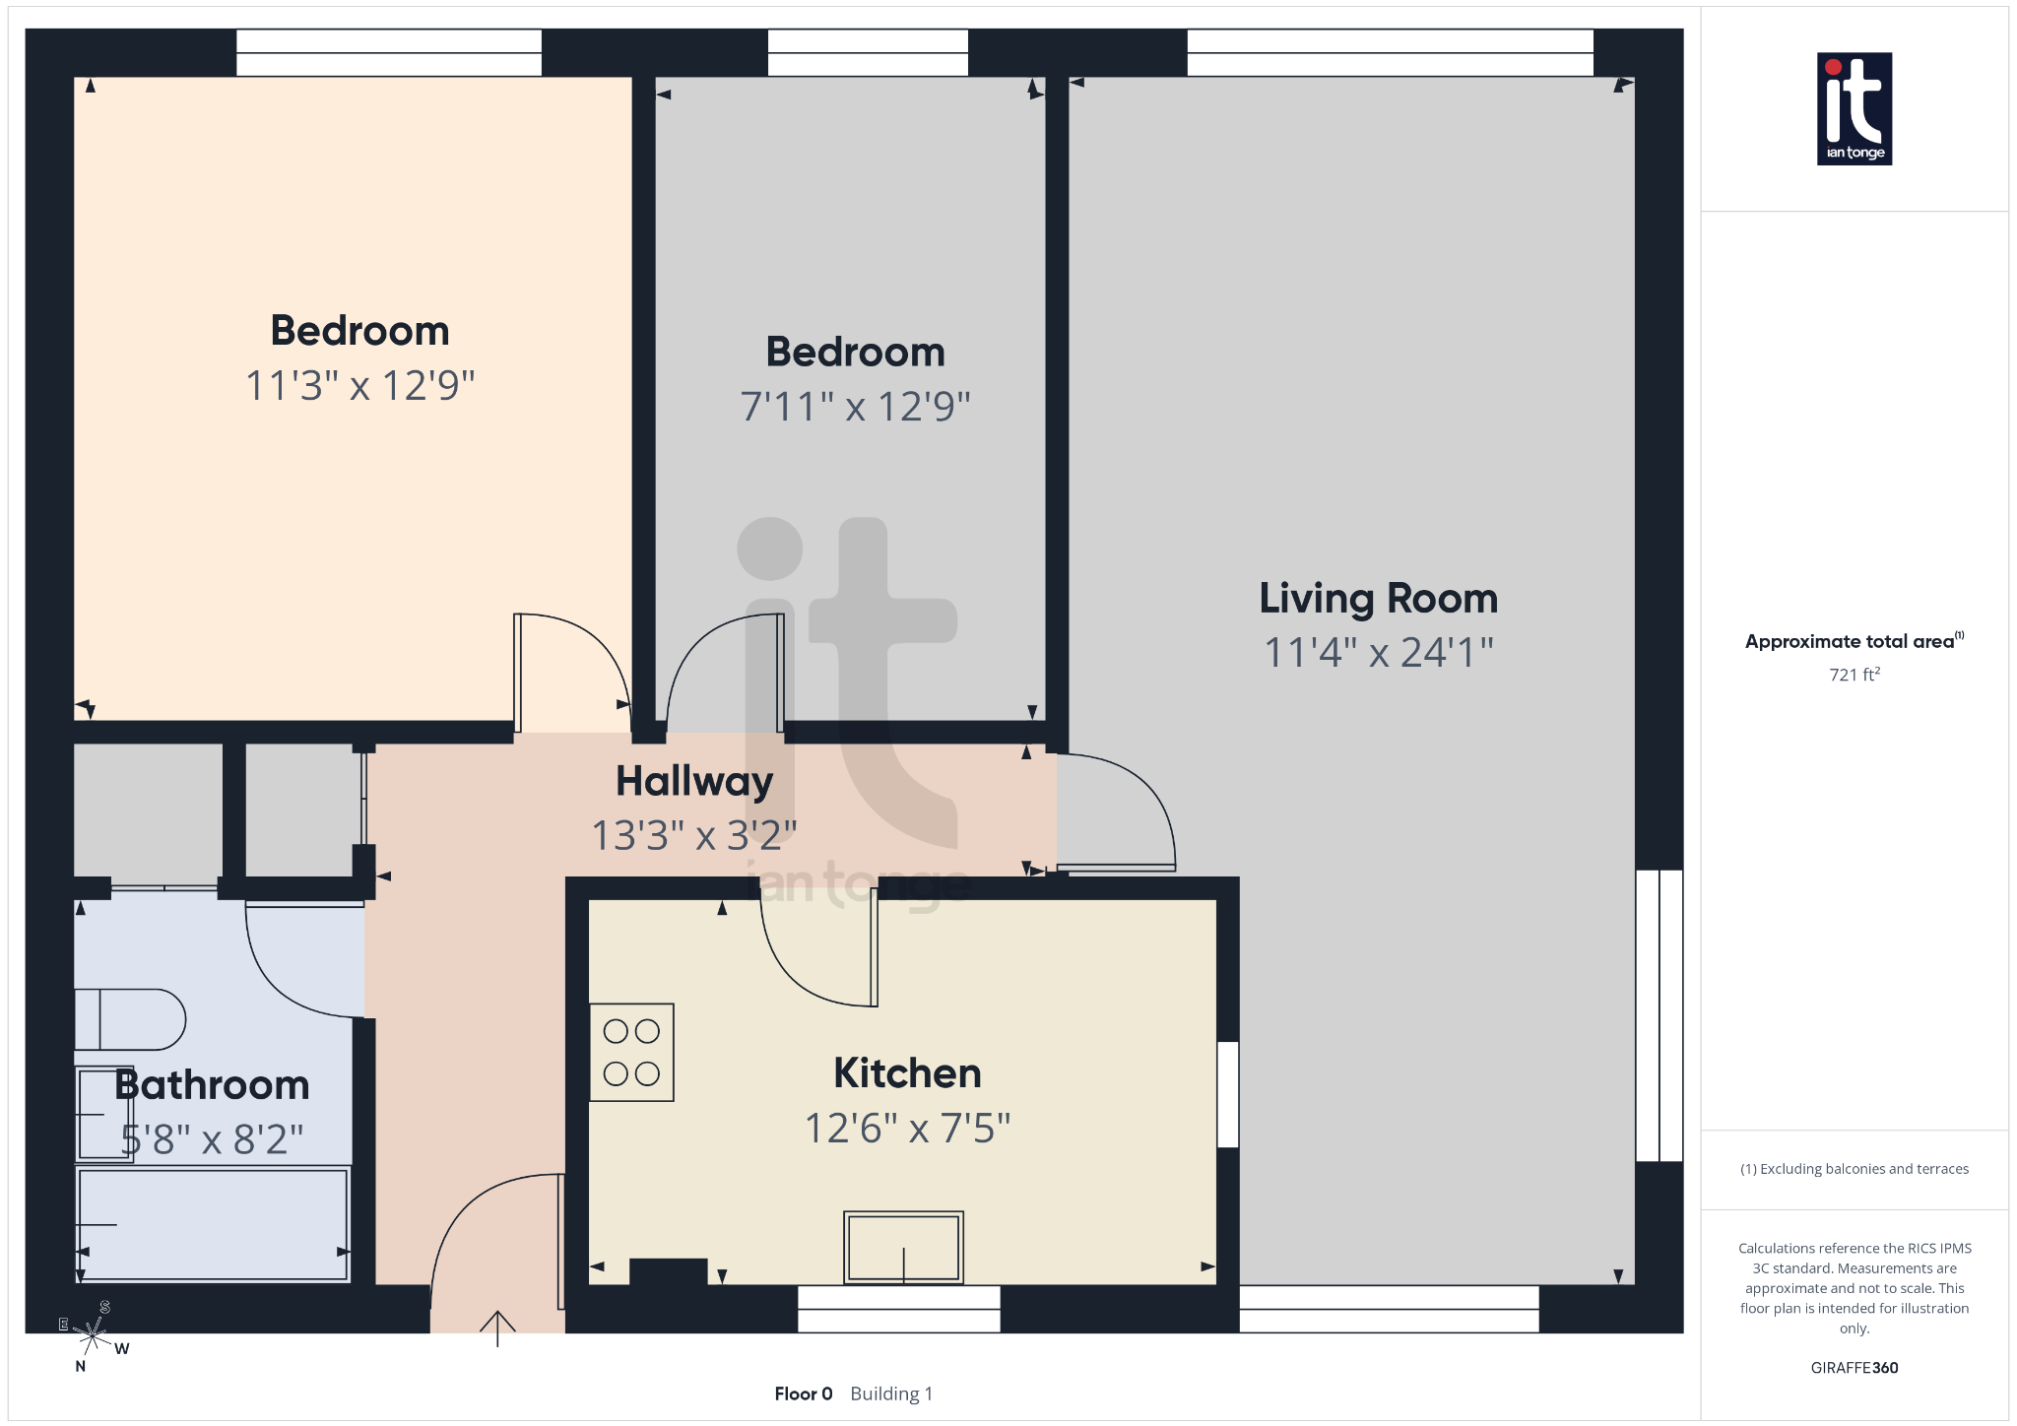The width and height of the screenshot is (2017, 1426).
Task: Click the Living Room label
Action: (x=1378, y=599)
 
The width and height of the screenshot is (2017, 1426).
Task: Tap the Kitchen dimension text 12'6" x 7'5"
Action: (x=907, y=1129)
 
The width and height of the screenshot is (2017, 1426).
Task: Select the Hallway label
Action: (x=694, y=782)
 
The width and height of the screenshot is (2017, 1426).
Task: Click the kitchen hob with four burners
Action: (x=631, y=1052)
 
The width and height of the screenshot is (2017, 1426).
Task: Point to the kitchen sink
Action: (x=903, y=1247)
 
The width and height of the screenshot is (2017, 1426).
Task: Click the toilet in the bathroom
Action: (x=130, y=1020)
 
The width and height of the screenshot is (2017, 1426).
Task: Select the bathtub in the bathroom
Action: (x=213, y=1224)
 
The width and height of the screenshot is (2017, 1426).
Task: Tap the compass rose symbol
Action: (x=93, y=1335)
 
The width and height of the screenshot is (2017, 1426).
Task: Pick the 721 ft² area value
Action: (x=1854, y=675)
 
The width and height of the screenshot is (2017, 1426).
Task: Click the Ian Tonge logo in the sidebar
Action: (x=1854, y=108)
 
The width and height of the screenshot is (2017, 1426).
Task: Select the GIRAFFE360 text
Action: (x=1854, y=1368)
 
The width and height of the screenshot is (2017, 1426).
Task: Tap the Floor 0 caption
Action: (x=803, y=1394)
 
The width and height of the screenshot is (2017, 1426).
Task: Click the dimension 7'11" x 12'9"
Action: (x=855, y=407)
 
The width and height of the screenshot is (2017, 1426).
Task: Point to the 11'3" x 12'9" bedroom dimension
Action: (x=359, y=386)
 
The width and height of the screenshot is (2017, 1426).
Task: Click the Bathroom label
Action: (x=212, y=1085)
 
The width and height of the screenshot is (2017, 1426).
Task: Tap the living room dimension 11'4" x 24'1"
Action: (x=1378, y=653)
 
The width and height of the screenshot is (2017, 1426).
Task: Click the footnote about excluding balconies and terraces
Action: (x=1854, y=1169)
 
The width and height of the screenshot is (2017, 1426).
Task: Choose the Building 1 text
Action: (x=890, y=1394)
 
